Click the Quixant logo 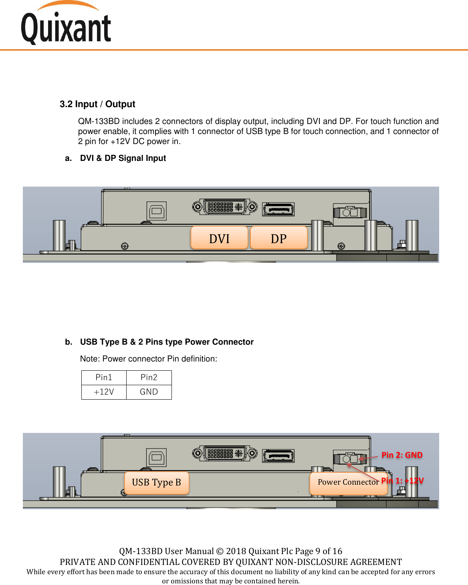pyautogui.click(x=66, y=24)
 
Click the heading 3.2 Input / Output pyautogui.click(x=97, y=104)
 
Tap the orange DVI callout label pyautogui.click(x=219, y=238)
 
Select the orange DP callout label pyautogui.click(x=278, y=238)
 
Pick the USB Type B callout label pyautogui.click(x=156, y=482)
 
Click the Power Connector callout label pyautogui.click(x=347, y=482)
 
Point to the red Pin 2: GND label pyautogui.click(x=402, y=455)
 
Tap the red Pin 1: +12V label pyautogui.click(x=402, y=481)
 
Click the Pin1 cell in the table pyautogui.click(x=104, y=378)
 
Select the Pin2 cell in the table pyautogui.click(x=149, y=378)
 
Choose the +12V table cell pyautogui.click(x=104, y=392)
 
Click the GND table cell pyautogui.click(x=149, y=392)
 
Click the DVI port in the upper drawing pyautogui.click(x=225, y=207)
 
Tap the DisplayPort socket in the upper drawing pyautogui.click(x=278, y=209)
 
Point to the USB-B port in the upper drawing pyautogui.click(x=156, y=211)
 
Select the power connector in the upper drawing pyautogui.click(x=350, y=212)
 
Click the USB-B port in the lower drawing pyautogui.click(x=156, y=457)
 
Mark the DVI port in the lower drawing pyautogui.click(x=225, y=453)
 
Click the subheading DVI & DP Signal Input pyautogui.click(x=123, y=158)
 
